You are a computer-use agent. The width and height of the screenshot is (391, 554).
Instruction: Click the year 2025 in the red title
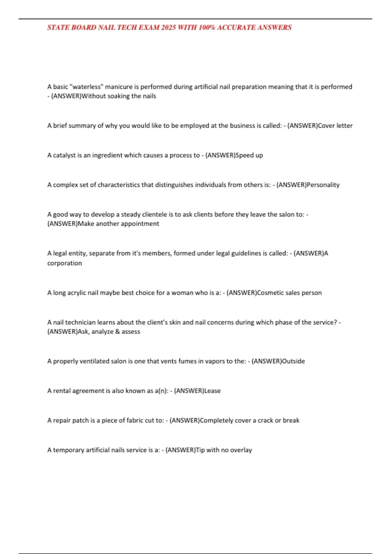[x=168, y=27]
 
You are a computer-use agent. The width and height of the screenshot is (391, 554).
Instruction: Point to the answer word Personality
[x=323, y=185]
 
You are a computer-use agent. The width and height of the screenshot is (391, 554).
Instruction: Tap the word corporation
[x=65, y=263]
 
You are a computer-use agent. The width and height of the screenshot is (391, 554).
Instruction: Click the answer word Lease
[x=212, y=391]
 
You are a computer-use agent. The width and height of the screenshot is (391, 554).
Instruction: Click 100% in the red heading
[x=207, y=27]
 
